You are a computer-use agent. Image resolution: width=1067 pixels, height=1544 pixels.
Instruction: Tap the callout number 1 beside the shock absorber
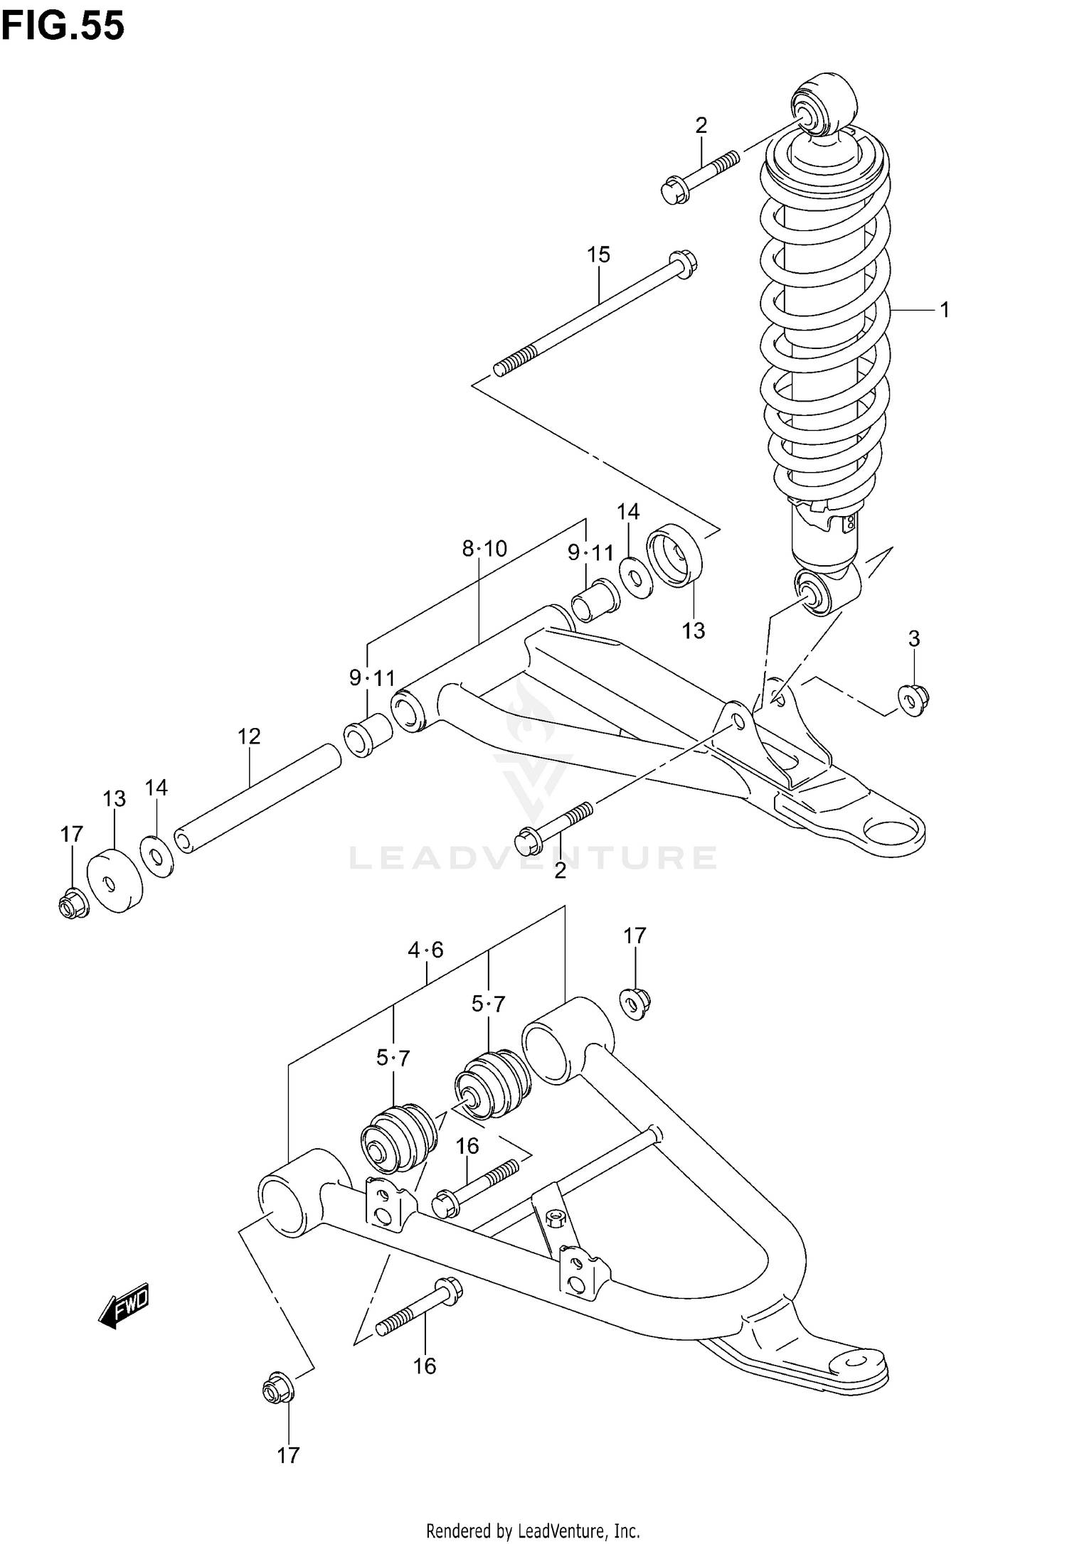(945, 310)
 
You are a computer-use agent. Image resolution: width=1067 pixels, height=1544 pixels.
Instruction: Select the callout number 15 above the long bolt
(598, 254)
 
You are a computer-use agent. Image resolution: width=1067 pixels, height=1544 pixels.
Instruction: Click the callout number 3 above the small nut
(914, 639)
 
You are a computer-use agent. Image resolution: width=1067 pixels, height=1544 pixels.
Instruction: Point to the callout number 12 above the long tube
(249, 736)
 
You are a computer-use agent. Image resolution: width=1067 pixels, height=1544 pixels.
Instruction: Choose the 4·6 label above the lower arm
(425, 950)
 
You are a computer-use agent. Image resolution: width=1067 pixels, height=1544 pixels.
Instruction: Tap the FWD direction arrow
(124, 1307)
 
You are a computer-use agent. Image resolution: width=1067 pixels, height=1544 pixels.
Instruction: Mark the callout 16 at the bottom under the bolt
(425, 1366)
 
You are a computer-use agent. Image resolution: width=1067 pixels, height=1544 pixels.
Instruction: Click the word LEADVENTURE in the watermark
(532, 858)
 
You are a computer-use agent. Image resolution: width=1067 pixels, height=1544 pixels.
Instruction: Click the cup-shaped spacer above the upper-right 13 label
(674, 554)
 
